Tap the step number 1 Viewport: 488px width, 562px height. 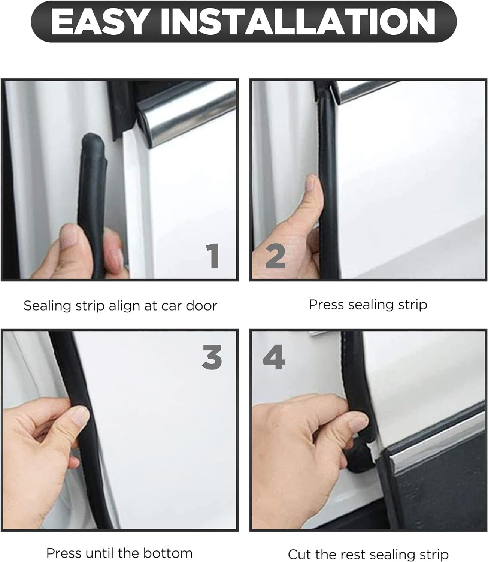point(213,256)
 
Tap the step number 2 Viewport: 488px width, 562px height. point(275,256)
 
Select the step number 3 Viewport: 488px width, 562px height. point(212,356)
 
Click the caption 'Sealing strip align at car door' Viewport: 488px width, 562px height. point(120,306)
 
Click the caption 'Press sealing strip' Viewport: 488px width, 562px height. point(368,305)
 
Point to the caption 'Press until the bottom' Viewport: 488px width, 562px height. point(119,553)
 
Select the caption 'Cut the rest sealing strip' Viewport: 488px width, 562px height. point(368,554)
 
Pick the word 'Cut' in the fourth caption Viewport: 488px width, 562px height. point(299,554)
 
